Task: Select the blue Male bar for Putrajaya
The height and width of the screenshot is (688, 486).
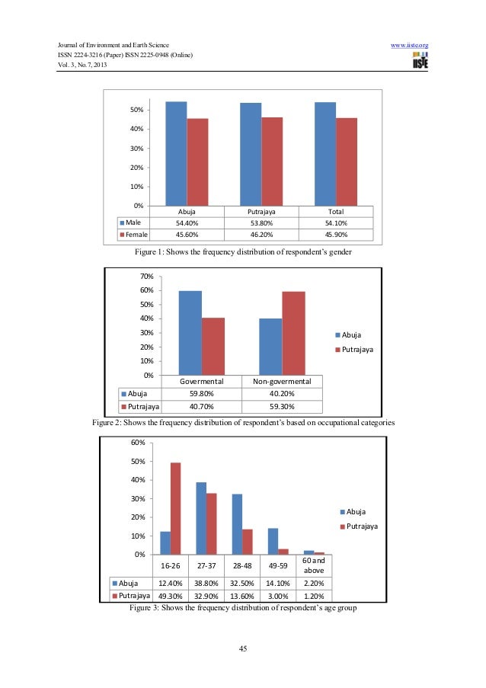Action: (251, 154)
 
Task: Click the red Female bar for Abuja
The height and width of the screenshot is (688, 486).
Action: (197, 162)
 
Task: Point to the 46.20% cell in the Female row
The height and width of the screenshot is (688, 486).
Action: (261, 234)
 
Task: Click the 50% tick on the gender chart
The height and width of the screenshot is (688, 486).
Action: (136, 110)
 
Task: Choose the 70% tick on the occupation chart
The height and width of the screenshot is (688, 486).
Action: (146, 277)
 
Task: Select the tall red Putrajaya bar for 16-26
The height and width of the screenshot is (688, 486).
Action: (175, 508)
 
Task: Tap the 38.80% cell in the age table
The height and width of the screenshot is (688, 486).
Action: (201, 584)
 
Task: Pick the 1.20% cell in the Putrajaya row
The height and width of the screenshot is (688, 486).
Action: (310, 596)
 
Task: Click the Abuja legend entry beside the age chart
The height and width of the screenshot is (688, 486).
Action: (357, 511)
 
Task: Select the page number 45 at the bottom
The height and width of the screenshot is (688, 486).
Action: (243, 649)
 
